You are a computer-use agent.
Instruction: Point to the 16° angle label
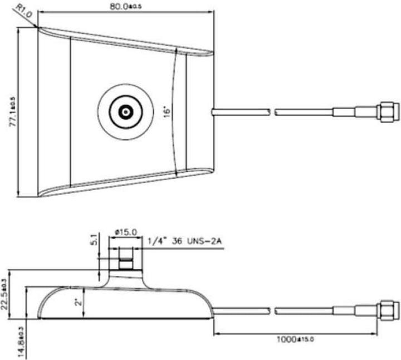pyautogui.click(x=167, y=111)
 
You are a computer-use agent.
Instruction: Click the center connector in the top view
pyautogui.click(x=124, y=111)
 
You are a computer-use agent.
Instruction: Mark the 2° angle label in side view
pyautogui.click(x=77, y=304)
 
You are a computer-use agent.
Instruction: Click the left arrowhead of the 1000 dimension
pyautogui.click(x=217, y=334)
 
